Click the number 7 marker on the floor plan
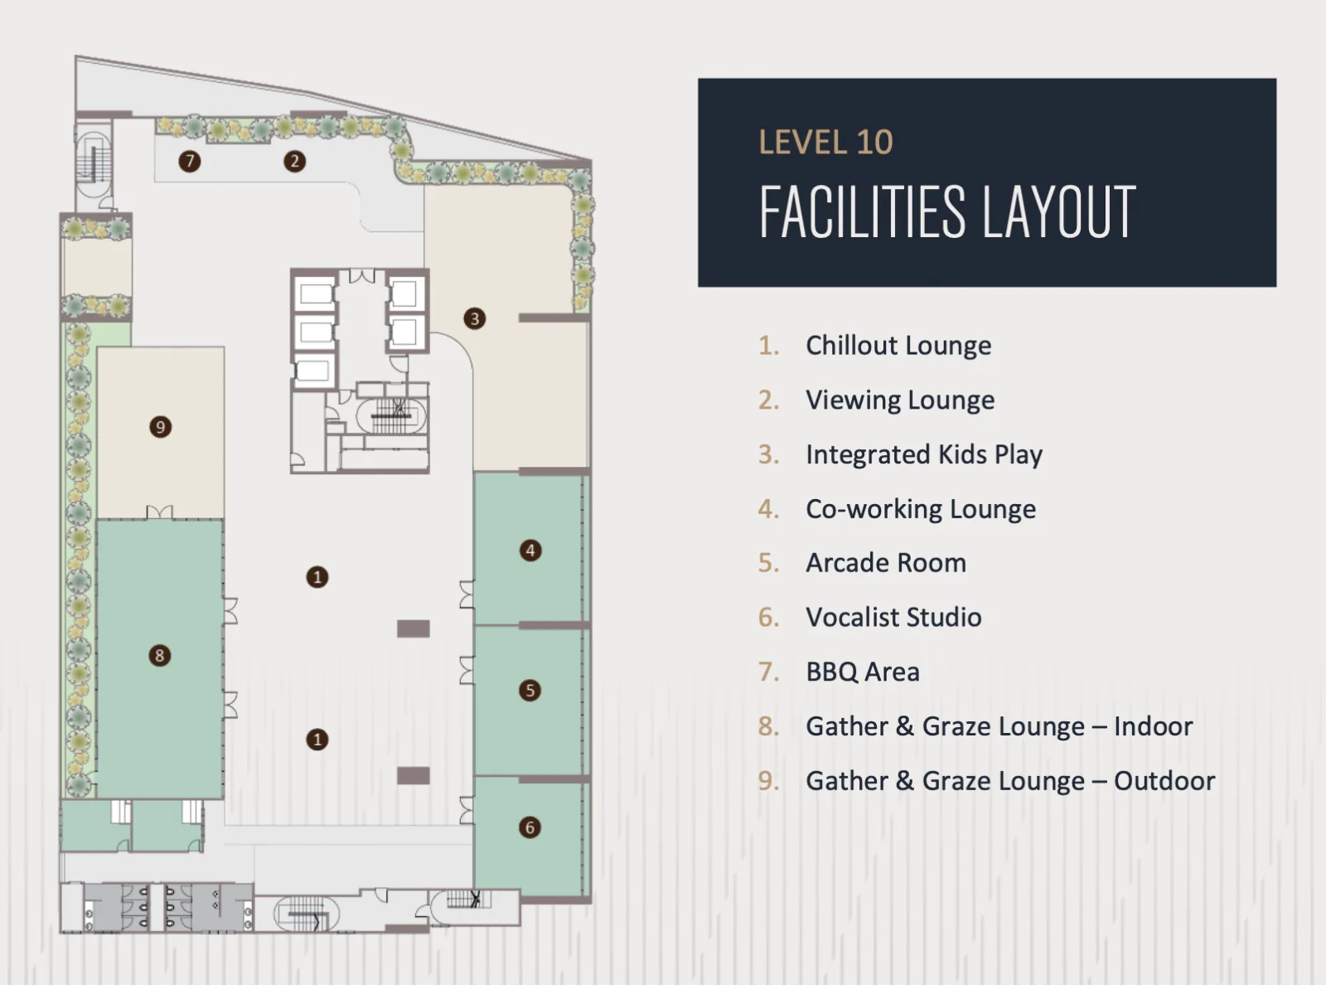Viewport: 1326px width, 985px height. pyautogui.click(x=190, y=161)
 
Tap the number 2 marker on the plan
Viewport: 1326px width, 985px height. pyautogui.click(x=294, y=161)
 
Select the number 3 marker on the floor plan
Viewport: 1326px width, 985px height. pyautogui.click(x=475, y=318)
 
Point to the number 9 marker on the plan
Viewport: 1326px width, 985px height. pyautogui.click(x=160, y=426)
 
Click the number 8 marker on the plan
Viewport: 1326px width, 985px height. pyautogui.click(x=160, y=656)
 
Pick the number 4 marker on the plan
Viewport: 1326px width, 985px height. pyautogui.click(x=530, y=551)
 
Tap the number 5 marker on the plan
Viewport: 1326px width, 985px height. pyautogui.click(x=530, y=690)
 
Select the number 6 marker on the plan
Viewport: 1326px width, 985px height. pyautogui.click(x=530, y=827)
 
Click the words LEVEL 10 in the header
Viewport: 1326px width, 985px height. pyautogui.click(x=825, y=143)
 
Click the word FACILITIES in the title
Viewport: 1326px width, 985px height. pyautogui.click(x=862, y=211)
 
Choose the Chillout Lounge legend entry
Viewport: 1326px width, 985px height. pyautogui.click(x=898, y=346)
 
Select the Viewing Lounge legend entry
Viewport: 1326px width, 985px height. pyautogui.click(x=900, y=400)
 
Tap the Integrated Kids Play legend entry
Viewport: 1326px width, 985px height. pyautogui.click(x=924, y=454)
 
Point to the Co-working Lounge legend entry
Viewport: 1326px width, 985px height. pyautogui.click(x=921, y=509)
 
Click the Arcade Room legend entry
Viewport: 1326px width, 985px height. pyautogui.click(x=886, y=563)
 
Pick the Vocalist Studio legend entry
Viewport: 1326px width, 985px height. pyautogui.click(x=893, y=617)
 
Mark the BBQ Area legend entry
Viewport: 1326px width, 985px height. pyautogui.click(x=863, y=672)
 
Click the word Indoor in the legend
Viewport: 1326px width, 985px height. pyautogui.click(x=1154, y=726)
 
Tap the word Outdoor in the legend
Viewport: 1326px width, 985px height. pyautogui.click(x=1164, y=780)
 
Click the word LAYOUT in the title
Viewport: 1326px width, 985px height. pyautogui.click(x=1059, y=211)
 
